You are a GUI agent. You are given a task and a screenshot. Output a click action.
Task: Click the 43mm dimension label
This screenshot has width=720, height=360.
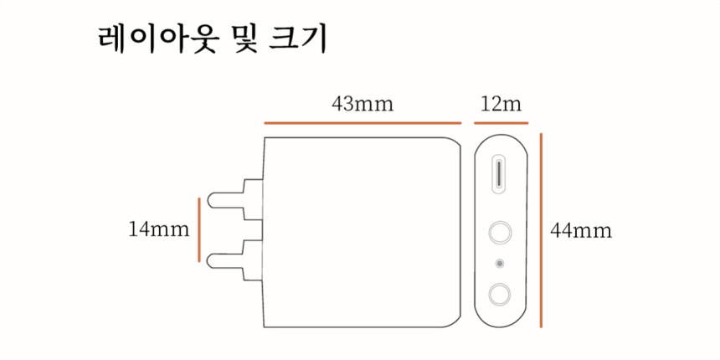363,105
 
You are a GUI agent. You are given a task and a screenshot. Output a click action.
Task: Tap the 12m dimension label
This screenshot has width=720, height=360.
501,105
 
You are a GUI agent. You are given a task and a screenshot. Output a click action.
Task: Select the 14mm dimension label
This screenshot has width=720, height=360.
159,229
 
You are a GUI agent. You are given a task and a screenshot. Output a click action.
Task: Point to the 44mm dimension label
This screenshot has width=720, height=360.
581,230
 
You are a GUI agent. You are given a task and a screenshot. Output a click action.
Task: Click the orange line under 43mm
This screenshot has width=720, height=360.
363,123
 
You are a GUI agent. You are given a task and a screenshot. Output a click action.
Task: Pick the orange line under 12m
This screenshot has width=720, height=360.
501,123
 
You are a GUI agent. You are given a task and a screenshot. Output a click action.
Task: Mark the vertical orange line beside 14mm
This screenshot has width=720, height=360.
198,229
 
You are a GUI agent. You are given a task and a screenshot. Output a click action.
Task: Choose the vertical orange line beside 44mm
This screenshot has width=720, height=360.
542,229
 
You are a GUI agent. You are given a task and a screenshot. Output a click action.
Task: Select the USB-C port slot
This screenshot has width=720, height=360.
501,173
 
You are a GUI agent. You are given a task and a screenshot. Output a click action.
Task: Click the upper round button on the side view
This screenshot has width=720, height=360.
501,232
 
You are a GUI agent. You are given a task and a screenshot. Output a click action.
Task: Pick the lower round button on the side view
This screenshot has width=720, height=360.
501,294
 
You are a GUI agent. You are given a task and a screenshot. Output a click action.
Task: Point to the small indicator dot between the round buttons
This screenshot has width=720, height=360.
501,264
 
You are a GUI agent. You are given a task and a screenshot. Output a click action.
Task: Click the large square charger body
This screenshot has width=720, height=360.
362,231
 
